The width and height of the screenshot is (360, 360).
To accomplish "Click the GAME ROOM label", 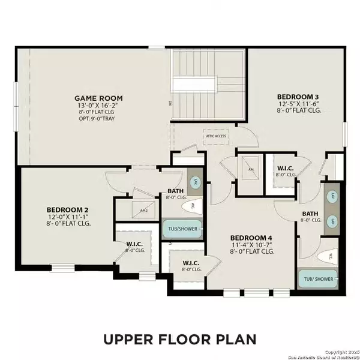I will click(98, 98).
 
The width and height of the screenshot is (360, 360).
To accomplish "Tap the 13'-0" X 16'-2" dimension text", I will click(98, 106).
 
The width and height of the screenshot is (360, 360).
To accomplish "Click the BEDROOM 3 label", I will click(297, 97).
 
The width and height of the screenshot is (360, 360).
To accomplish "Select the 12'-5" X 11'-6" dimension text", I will click(297, 104).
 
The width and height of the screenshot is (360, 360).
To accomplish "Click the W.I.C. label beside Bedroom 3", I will click(284, 169).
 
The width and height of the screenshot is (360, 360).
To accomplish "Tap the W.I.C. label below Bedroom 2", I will click(134, 244).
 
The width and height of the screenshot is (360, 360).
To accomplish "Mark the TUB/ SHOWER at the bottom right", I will click(318, 278).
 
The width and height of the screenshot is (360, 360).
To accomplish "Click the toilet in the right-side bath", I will click(328, 256).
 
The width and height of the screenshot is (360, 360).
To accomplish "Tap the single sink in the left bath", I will click(196, 182).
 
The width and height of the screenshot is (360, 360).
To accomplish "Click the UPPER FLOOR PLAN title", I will click(179, 339).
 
